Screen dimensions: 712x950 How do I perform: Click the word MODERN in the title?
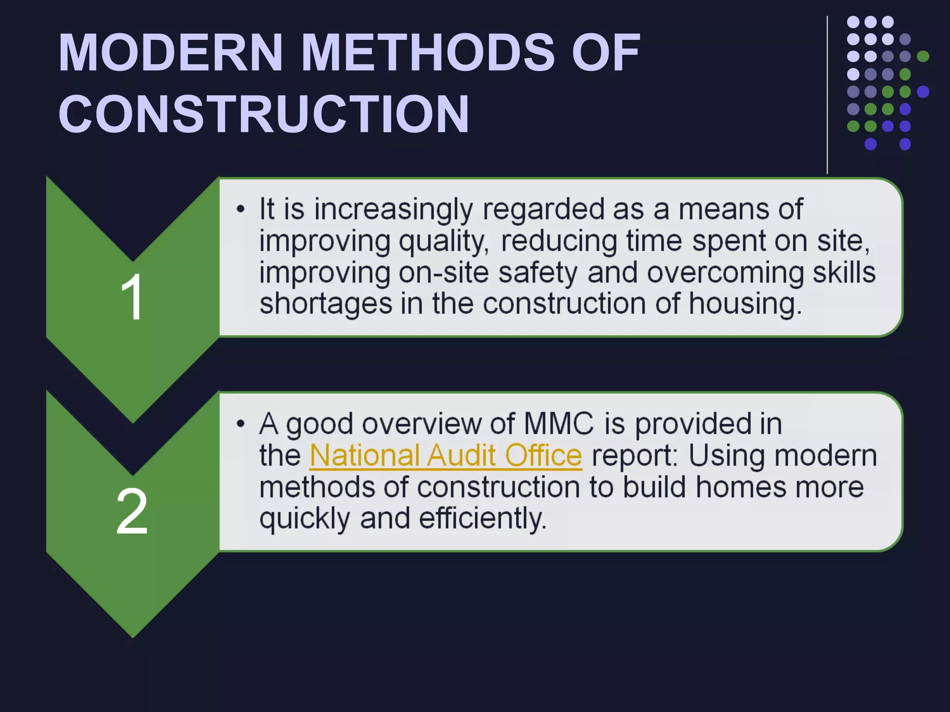170,52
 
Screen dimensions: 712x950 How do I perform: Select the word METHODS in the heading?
427,52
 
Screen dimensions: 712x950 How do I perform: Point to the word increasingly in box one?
393,210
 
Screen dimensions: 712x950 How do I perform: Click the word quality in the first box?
443,242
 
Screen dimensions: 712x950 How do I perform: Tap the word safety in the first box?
538,273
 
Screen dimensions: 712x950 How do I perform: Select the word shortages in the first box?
326,304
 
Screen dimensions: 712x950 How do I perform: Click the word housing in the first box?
745,304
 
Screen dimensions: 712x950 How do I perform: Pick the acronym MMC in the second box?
558,424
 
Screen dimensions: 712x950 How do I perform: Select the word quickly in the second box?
304,518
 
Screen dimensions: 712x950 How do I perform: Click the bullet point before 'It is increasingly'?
240,210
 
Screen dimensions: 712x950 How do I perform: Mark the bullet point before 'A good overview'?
240,424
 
